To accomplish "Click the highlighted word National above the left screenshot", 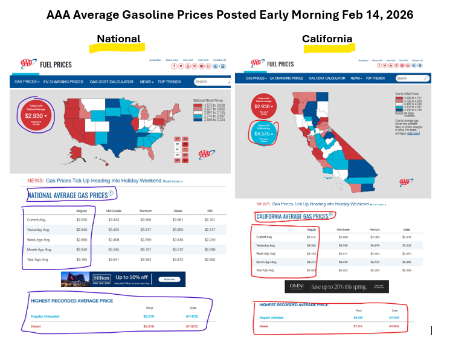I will point(118,39).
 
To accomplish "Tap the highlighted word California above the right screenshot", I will point(327,39).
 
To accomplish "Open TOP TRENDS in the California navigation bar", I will point(375,78).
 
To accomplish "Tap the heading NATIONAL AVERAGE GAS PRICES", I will point(68,195).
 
